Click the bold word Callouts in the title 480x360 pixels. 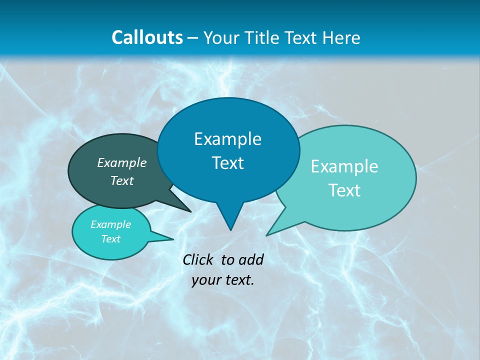pos(147,37)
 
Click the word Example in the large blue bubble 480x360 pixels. pos(227,139)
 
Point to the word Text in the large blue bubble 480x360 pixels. pos(227,163)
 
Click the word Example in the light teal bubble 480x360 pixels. pos(344,166)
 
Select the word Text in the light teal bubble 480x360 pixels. pos(344,190)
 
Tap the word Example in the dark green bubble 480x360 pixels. pos(122,162)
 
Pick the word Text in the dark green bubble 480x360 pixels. pos(122,180)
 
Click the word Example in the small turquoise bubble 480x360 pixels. pos(111,224)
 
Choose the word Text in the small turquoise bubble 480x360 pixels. pos(111,239)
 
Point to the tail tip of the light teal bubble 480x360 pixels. pos(267,234)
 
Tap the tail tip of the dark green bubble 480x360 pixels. pos(190,211)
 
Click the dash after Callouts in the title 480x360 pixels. pos(193,38)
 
